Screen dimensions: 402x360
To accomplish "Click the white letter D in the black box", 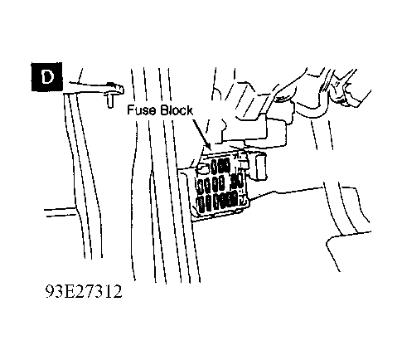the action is pos(47,77).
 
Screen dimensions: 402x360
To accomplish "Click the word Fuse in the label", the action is pos(142,110).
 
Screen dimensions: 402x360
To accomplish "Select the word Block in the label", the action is pos(177,110).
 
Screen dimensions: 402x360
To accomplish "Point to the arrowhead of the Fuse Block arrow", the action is pos(208,146).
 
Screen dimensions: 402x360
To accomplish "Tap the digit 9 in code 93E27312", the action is pos(51,291).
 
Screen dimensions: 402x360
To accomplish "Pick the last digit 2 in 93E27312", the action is pos(117,291).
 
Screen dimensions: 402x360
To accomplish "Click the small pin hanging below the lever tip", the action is pos(110,100).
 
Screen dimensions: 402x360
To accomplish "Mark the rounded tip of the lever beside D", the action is pos(120,89).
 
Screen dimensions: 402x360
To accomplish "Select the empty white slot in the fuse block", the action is pos(203,168).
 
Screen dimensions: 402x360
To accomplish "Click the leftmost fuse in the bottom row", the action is pos(201,205).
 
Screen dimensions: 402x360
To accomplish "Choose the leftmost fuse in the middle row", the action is pos(201,186).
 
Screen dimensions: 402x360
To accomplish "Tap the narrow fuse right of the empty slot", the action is pos(214,166).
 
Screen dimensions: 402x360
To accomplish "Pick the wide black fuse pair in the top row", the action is pos(224,165).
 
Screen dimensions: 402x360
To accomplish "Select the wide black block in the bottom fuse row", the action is pos(229,200).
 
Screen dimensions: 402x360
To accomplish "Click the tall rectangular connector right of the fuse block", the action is pos(261,167).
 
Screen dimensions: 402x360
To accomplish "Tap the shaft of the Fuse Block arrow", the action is pos(200,130).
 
